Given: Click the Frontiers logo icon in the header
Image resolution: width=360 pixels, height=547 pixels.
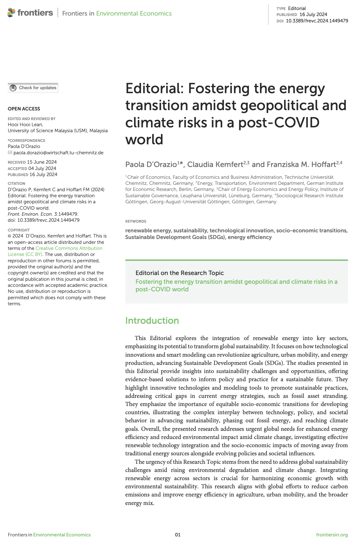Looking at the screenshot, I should [x=11, y=13].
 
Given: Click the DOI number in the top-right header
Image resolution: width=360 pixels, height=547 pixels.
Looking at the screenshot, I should [x=317, y=21].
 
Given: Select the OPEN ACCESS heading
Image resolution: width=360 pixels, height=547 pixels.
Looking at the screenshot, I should [x=24, y=109].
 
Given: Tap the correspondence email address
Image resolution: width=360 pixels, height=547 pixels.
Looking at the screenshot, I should [x=58, y=153].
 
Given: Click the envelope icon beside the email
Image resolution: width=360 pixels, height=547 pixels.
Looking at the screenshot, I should [x=10, y=153].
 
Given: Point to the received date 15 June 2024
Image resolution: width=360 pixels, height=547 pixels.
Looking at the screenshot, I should [x=42, y=162].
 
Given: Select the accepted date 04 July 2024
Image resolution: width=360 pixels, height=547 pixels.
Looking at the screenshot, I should [x=42, y=169].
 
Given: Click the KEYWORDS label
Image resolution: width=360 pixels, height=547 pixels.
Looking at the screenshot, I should [x=136, y=221].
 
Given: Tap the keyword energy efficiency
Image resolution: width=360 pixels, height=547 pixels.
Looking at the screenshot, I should [x=250, y=237].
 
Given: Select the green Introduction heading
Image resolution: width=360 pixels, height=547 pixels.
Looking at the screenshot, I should [x=152, y=321].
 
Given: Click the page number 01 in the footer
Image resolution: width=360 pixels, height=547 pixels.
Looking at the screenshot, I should [x=178, y=535].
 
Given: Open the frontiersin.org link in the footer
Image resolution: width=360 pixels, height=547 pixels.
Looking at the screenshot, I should [x=332, y=535].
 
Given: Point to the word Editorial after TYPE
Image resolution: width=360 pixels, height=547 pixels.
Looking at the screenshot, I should [x=297, y=8].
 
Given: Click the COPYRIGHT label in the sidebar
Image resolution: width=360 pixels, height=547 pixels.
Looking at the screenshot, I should [x=19, y=230].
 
